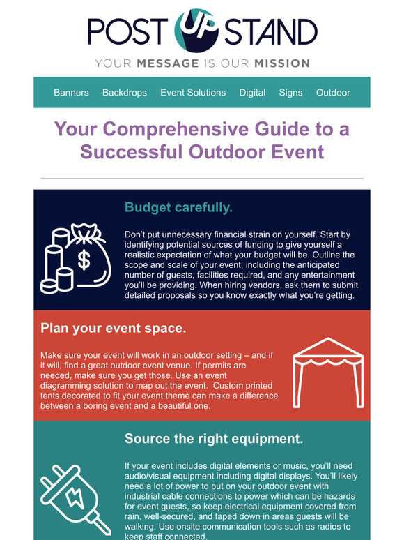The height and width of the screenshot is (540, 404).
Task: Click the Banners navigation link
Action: [x=71, y=93]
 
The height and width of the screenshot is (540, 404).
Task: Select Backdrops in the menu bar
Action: [x=124, y=93]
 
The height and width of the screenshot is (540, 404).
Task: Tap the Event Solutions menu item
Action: [x=193, y=93]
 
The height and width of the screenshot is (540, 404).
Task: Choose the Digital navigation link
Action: [x=252, y=93]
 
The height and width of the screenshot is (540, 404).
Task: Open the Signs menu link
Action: [x=290, y=93]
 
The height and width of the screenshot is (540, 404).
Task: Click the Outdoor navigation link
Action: [x=333, y=93]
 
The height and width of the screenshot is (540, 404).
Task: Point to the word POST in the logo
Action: [x=128, y=32]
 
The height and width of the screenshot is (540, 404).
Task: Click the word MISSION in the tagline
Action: [x=281, y=63]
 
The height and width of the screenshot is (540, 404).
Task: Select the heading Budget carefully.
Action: [x=178, y=208]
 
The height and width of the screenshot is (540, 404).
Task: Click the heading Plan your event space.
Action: [x=114, y=328]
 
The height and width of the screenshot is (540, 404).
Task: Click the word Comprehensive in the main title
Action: [x=191, y=130]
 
